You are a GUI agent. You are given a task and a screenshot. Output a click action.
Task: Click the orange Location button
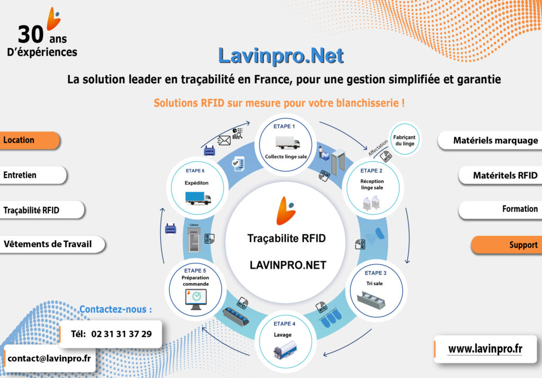(x=30, y=140)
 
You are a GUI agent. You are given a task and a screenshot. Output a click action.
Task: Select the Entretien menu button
(x=33, y=175)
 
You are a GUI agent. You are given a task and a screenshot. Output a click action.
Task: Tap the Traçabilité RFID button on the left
(x=41, y=210)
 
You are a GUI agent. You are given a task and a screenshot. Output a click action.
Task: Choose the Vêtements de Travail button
(x=52, y=244)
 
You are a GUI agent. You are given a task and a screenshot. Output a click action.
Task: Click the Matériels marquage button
(x=490, y=140)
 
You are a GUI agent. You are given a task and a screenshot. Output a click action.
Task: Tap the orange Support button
(x=507, y=245)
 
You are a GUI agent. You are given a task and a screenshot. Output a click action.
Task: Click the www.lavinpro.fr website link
(x=485, y=349)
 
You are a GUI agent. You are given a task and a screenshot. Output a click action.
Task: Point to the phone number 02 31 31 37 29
(x=121, y=334)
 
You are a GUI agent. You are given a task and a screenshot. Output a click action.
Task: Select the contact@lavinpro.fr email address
(x=49, y=358)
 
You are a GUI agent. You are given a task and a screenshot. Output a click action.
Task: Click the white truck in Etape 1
(x=287, y=142)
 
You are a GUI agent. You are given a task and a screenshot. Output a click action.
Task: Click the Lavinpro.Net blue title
(x=281, y=55)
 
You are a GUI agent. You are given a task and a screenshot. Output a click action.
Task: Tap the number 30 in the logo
(x=31, y=34)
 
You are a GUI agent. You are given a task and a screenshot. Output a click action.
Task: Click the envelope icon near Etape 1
(x=224, y=140)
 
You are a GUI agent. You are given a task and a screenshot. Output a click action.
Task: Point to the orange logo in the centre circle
(x=286, y=210)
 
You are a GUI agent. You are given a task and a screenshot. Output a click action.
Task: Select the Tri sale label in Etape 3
(x=374, y=283)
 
